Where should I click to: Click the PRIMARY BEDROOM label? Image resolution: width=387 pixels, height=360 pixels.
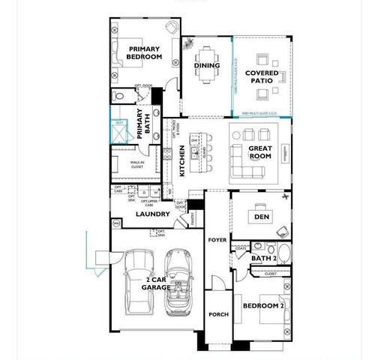(x=145, y=52)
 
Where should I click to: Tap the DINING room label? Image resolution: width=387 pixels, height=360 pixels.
(x=208, y=65)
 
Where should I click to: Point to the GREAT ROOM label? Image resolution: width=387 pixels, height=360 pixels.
(x=261, y=151)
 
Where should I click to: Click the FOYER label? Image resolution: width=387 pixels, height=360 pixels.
(x=217, y=240)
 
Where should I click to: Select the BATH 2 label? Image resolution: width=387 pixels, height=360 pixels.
(x=263, y=259)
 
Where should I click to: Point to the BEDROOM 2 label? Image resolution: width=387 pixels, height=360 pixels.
(x=262, y=305)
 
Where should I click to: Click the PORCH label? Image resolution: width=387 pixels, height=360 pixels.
(x=218, y=314)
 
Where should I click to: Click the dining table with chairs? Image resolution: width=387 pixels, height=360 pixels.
(x=207, y=59)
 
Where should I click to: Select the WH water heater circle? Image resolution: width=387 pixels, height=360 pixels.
(x=116, y=223)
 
